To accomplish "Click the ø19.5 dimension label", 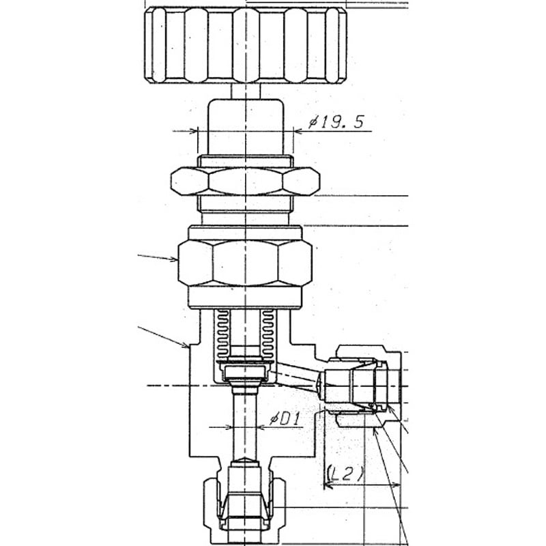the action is coord(336,122).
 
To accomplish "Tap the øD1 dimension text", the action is coord(285,419).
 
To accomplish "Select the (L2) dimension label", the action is coord(345,473).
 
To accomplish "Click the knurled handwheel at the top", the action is coord(246,45).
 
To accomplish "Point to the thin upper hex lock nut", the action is coord(245,181).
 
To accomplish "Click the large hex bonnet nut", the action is coord(245,263).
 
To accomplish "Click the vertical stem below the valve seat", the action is coord(246,425).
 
